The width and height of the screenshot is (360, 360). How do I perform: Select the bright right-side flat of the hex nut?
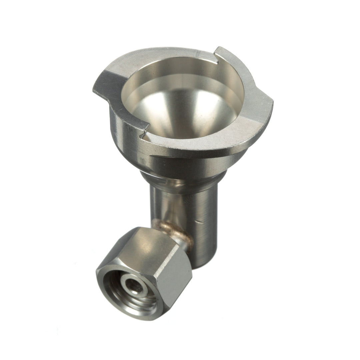(x=177, y=280)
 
